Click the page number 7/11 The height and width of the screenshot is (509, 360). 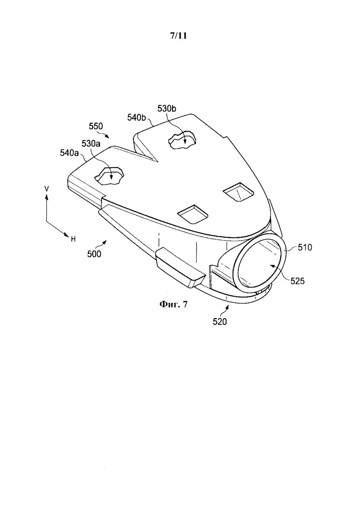[x=179, y=36]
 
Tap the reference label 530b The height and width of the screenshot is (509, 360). [x=167, y=108]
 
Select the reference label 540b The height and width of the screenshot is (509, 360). [x=136, y=118]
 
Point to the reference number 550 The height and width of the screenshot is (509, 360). [x=96, y=126]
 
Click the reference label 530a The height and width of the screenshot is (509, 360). [x=91, y=143]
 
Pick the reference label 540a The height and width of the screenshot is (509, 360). [x=69, y=153]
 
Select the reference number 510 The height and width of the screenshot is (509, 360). [x=304, y=247]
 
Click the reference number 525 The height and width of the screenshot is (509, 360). [x=298, y=280]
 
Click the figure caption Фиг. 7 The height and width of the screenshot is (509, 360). [x=173, y=304]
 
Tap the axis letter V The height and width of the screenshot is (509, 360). [x=47, y=188]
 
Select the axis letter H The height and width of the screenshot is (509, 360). [x=73, y=239]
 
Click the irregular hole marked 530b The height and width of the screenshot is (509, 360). [x=182, y=140]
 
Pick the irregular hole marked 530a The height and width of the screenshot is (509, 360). [x=109, y=176]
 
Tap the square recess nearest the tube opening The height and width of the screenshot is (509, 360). [x=239, y=192]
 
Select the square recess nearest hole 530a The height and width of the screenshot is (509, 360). [x=193, y=214]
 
